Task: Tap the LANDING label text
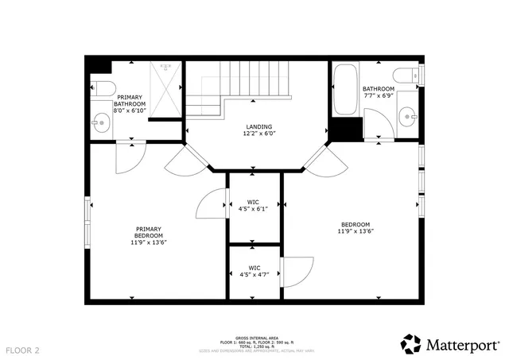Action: [x=258, y=126]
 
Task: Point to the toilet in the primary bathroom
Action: [x=103, y=87]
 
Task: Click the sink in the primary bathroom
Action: [x=101, y=122]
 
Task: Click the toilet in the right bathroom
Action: [x=406, y=75]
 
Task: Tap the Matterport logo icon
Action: [x=411, y=344]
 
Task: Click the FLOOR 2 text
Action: [x=23, y=350]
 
